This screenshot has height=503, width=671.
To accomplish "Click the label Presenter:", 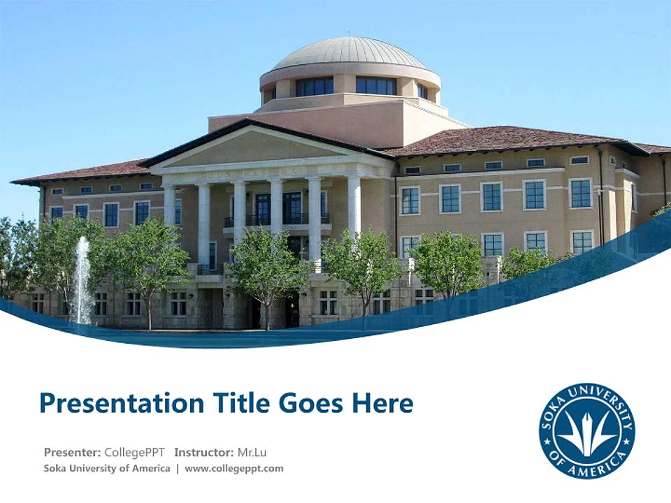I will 72,452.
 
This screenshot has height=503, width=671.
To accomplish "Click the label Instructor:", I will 204,452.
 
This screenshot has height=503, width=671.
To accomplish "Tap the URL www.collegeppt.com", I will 234,468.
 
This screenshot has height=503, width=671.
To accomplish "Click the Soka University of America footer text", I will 107,468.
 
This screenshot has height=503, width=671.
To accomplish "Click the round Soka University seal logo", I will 586,430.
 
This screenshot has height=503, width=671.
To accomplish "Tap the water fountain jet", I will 82,279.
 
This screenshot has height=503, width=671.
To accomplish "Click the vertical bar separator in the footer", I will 178,468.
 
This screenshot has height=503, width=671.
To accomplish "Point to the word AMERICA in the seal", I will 586,463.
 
